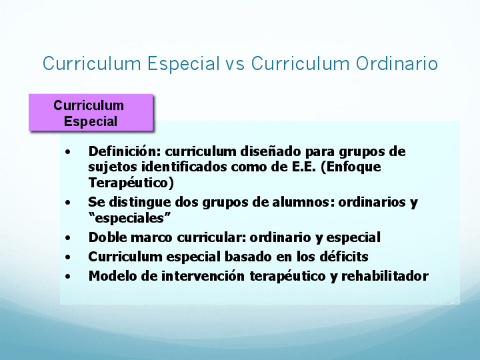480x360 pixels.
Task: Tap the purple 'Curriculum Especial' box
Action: [x=91, y=113]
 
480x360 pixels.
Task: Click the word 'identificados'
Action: [x=184, y=166]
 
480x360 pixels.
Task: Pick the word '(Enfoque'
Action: [x=351, y=167]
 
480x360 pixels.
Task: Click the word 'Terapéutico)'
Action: [x=131, y=183]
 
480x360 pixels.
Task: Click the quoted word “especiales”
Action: [x=129, y=218]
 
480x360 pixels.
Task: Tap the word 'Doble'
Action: [x=108, y=237]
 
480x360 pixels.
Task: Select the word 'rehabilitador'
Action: [x=385, y=276]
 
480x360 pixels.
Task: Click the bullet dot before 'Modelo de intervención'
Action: [x=68, y=276]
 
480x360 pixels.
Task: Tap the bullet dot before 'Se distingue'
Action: [x=68, y=203]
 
